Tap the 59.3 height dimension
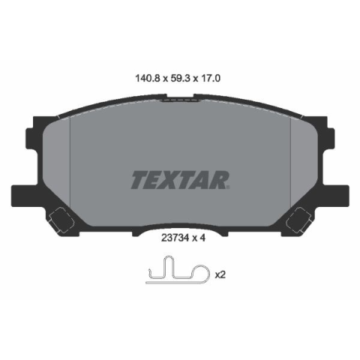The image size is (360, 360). (x=178, y=79)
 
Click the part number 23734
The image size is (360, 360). (x=175, y=238)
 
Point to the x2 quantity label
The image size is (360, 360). (x=220, y=275)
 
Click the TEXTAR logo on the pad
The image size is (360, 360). (x=180, y=180)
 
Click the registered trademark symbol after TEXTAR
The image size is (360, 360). (x=228, y=187)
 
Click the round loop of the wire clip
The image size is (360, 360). (x=200, y=265)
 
